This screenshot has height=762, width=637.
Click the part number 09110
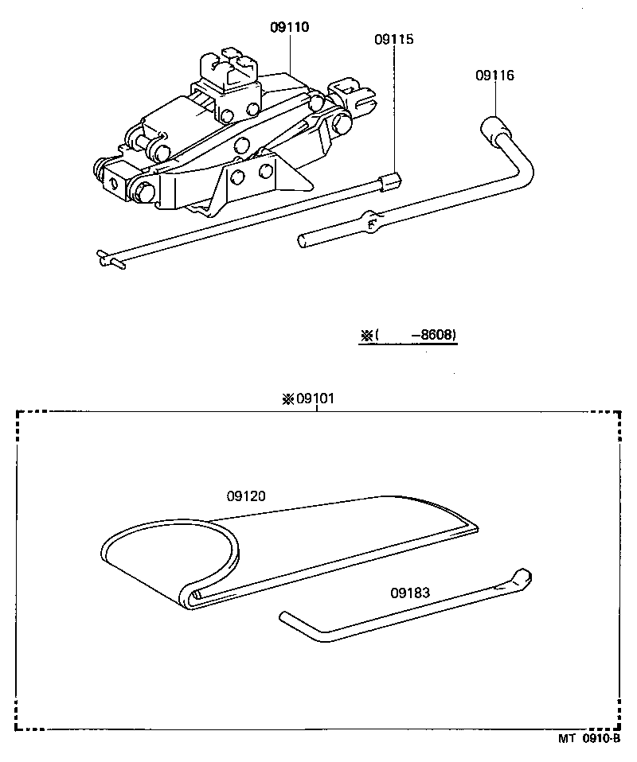pos(289,27)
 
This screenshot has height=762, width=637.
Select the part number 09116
pos(494,76)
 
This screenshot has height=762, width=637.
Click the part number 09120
pos(246,496)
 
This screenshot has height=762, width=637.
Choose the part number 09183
pos(410,592)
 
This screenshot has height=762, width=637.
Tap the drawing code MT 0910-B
pos(588,738)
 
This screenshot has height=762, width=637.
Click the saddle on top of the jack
pos(232,66)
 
